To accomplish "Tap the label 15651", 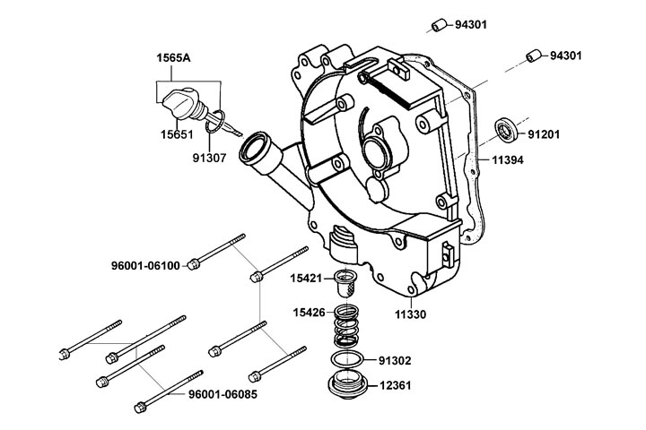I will point(177,133).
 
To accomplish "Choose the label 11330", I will point(411,314).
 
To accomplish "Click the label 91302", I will point(394,361).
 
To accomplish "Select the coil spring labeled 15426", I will point(345,328).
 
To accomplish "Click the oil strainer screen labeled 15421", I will point(345,285).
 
